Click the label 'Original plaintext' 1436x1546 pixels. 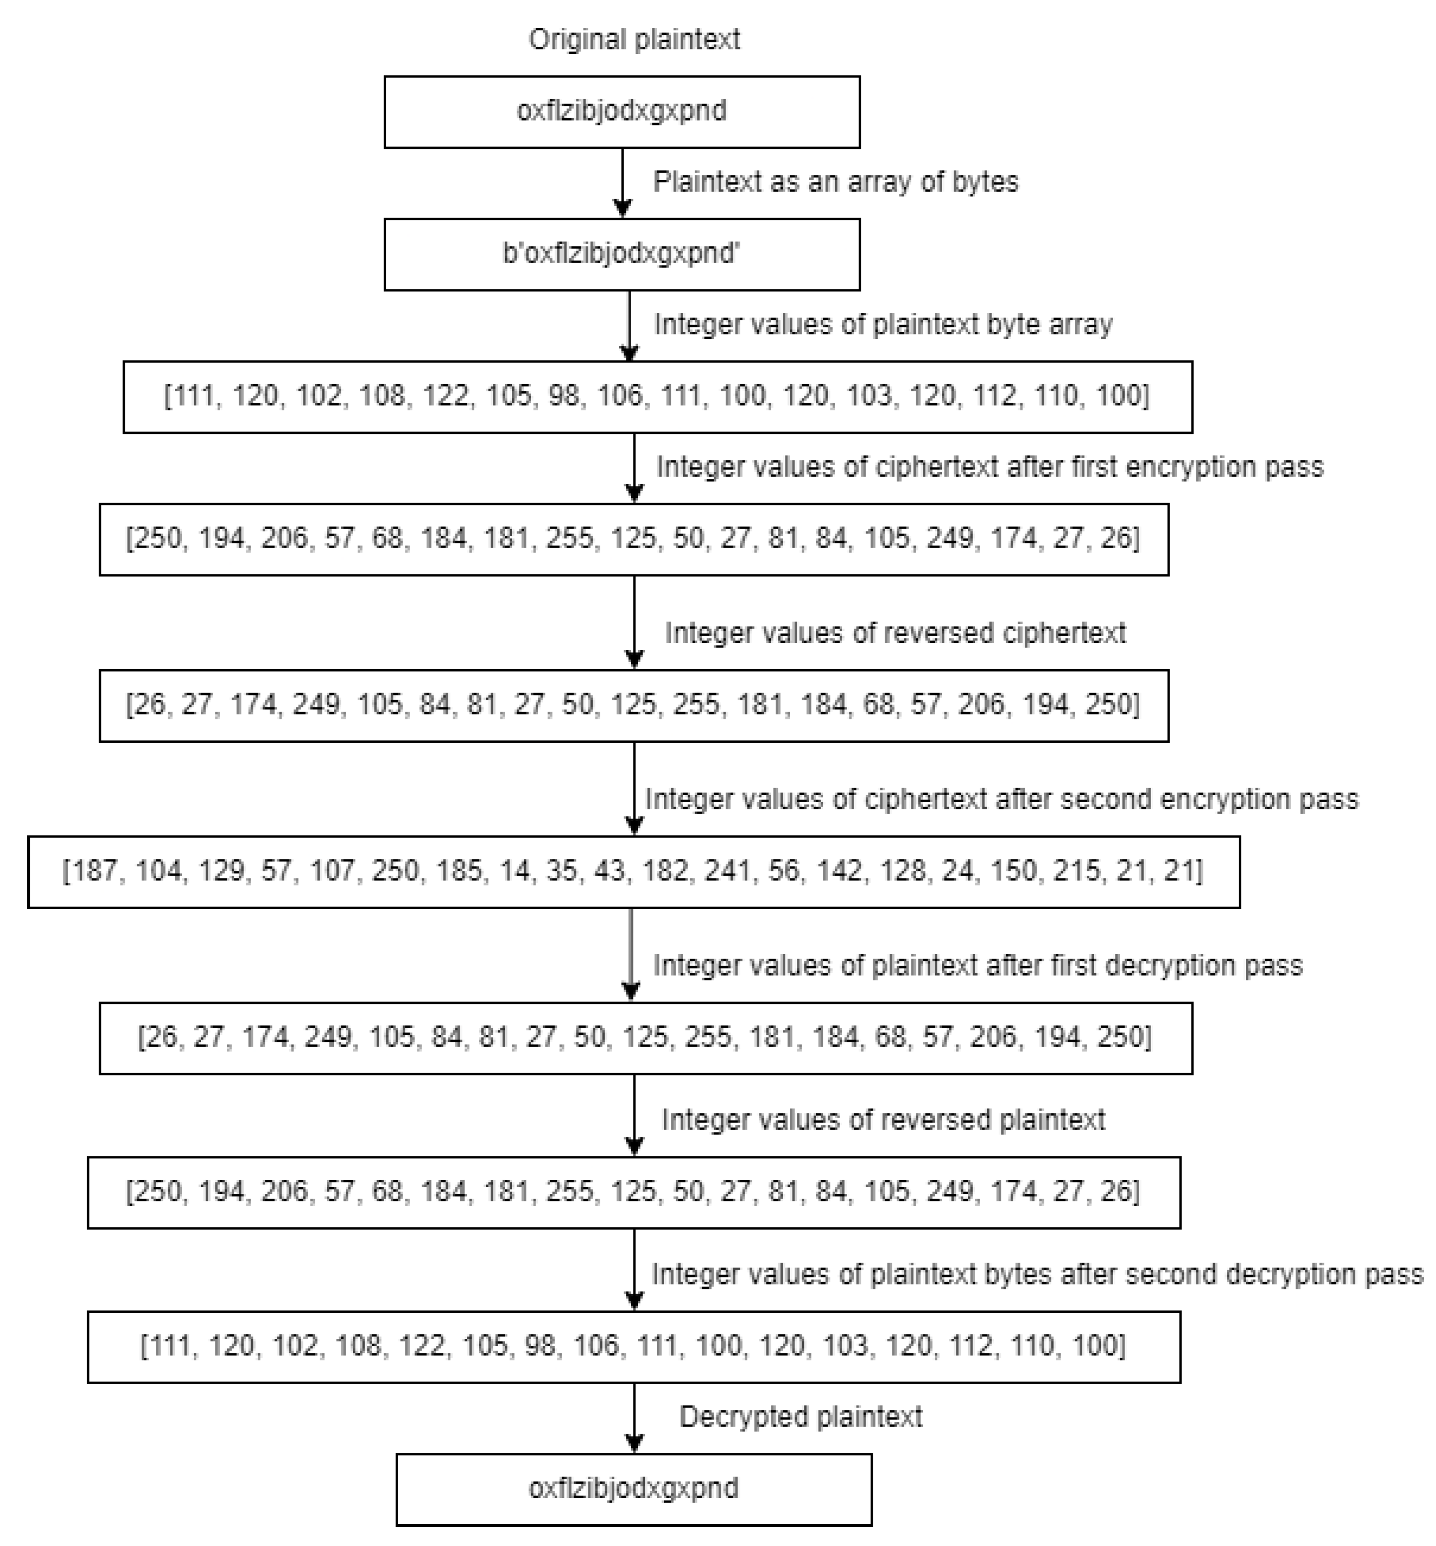pyautogui.click(x=634, y=39)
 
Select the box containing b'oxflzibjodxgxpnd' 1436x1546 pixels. pyautogui.click(x=622, y=254)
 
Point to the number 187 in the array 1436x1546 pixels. pyautogui.click(x=93, y=871)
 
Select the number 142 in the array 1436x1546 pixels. pyautogui.click(x=838, y=871)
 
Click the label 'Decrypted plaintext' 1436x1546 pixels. pyautogui.click(x=800, y=1417)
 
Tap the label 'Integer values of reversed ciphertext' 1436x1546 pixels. pyautogui.click(x=895, y=633)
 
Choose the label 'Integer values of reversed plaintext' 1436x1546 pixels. pyautogui.click(x=883, y=1119)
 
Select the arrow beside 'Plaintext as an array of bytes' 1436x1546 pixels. pyautogui.click(x=623, y=183)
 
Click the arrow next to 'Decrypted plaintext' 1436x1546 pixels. pyautogui.click(x=634, y=1418)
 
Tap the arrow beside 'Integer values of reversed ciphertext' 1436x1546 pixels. pyautogui.click(x=634, y=622)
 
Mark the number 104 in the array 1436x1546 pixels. pyautogui.click(x=158, y=871)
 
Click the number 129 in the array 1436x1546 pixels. pyautogui.click(x=222, y=871)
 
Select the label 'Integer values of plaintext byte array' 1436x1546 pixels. pyautogui.click(x=883, y=324)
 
